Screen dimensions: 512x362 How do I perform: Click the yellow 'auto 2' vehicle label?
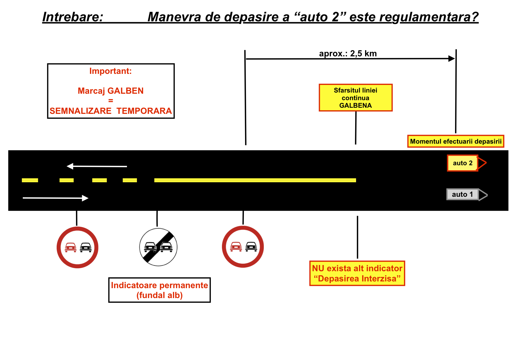(x=463, y=163)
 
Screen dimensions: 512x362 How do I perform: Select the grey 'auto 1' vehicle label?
(x=463, y=194)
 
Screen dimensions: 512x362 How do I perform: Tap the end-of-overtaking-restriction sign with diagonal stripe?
(x=158, y=247)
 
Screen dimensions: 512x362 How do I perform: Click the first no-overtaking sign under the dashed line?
(x=77, y=247)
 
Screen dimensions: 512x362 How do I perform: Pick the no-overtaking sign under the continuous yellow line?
(x=243, y=247)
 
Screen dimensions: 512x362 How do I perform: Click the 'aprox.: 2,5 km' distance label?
(x=348, y=53)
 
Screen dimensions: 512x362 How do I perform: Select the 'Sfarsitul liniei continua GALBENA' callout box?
(x=355, y=98)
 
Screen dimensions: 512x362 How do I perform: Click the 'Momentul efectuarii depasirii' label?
(x=456, y=141)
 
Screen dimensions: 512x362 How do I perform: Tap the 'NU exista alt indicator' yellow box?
(x=357, y=273)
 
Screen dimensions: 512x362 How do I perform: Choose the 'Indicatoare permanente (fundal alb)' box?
(x=159, y=290)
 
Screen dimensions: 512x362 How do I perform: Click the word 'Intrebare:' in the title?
(x=73, y=17)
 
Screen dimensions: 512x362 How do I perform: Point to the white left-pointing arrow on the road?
(x=97, y=166)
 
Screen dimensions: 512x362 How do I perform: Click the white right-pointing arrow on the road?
(x=55, y=198)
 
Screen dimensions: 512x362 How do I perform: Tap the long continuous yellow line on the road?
(x=255, y=180)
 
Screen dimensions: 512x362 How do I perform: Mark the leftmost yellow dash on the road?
(x=30, y=180)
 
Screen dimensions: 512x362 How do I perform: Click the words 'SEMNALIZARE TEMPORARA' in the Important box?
(x=111, y=111)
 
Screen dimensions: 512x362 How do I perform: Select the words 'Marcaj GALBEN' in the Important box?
(x=111, y=91)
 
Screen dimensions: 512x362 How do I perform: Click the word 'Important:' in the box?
(x=111, y=71)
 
